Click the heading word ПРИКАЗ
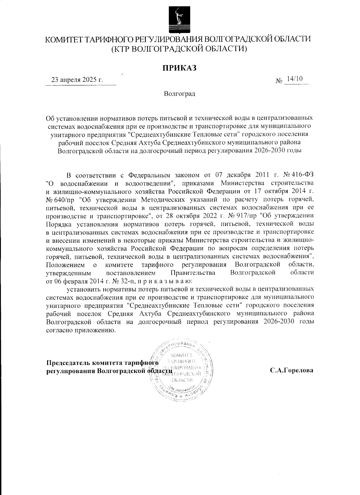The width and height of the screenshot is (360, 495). point(180,68)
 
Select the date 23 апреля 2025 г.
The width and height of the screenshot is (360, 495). point(77,80)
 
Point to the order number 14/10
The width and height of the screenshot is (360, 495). point(295,79)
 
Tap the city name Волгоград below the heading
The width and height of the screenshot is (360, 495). point(180,94)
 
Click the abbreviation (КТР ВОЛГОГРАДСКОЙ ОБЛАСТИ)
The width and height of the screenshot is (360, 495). point(180,49)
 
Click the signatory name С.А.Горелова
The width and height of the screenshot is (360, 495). point(291,370)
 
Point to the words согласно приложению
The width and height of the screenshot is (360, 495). point(81,330)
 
